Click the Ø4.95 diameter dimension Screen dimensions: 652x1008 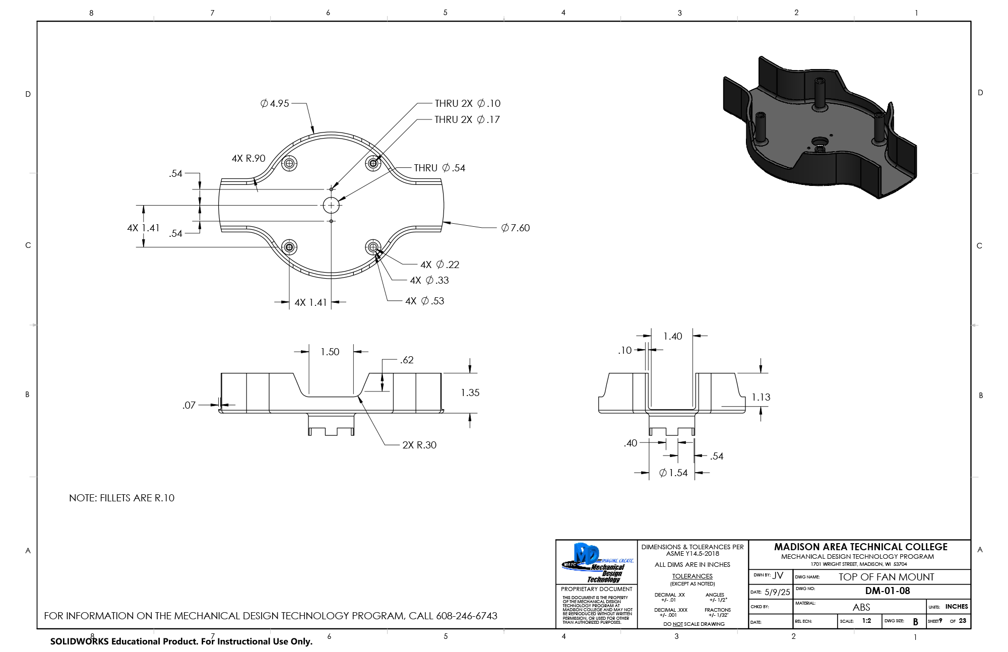275,103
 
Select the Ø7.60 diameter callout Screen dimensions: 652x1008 515,228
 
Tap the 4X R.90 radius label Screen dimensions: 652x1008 248,158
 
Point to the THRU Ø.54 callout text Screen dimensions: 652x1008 439,168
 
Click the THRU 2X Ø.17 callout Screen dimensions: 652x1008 467,119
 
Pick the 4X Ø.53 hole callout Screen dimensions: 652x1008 425,301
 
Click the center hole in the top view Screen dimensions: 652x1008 331,205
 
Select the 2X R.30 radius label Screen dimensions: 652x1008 419,445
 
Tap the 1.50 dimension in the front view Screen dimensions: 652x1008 330,352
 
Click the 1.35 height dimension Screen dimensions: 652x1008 470,393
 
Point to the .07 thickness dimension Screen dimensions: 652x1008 189,405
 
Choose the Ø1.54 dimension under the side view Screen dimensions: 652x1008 673,473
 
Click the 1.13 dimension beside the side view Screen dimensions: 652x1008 761,397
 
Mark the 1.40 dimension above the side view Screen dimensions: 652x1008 673,336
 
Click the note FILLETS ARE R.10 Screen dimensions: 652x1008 121,498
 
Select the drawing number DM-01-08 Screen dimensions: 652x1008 888,591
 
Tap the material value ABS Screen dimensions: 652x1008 861,607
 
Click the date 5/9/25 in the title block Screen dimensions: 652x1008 777,592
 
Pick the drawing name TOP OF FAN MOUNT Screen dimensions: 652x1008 886,577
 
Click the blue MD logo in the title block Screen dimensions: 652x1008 587,556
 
